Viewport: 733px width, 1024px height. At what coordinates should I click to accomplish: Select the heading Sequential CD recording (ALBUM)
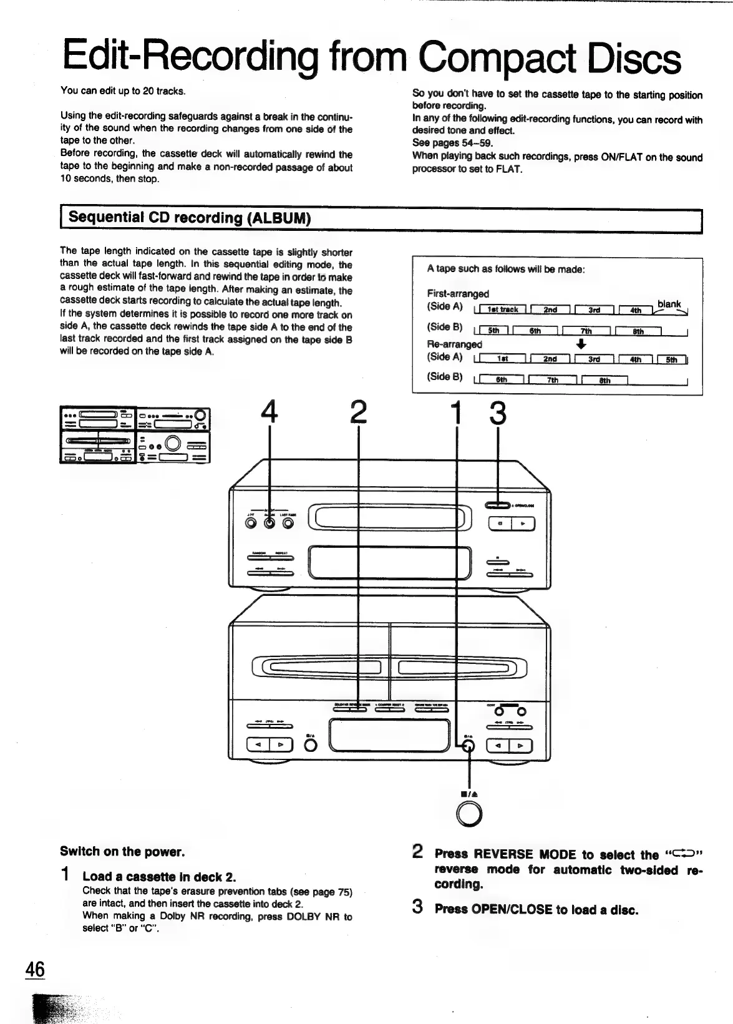pyautogui.click(x=190, y=218)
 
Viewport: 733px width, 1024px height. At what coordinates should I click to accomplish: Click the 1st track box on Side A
pyautogui.click(x=502, y=310)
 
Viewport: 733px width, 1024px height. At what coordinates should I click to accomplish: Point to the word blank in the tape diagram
pyautogui.click(x=669, y=304)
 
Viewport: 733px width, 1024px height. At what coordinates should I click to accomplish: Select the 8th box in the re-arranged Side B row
pyautogui.click(x=604, y=380)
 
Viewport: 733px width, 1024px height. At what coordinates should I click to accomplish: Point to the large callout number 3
pyautogui.click(x=497, y=412)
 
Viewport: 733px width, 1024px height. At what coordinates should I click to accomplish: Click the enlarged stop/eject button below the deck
pyautogui.click(x=469, y=812)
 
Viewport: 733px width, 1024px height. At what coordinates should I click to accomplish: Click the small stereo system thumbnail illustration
pyautogui.click(x=135, y=435)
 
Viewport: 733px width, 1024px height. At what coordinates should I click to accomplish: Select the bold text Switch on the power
pyautogui.click(x=122, y=852)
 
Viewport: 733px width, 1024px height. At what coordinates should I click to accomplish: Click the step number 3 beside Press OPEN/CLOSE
pyautogui.click(x=418, y=907)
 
